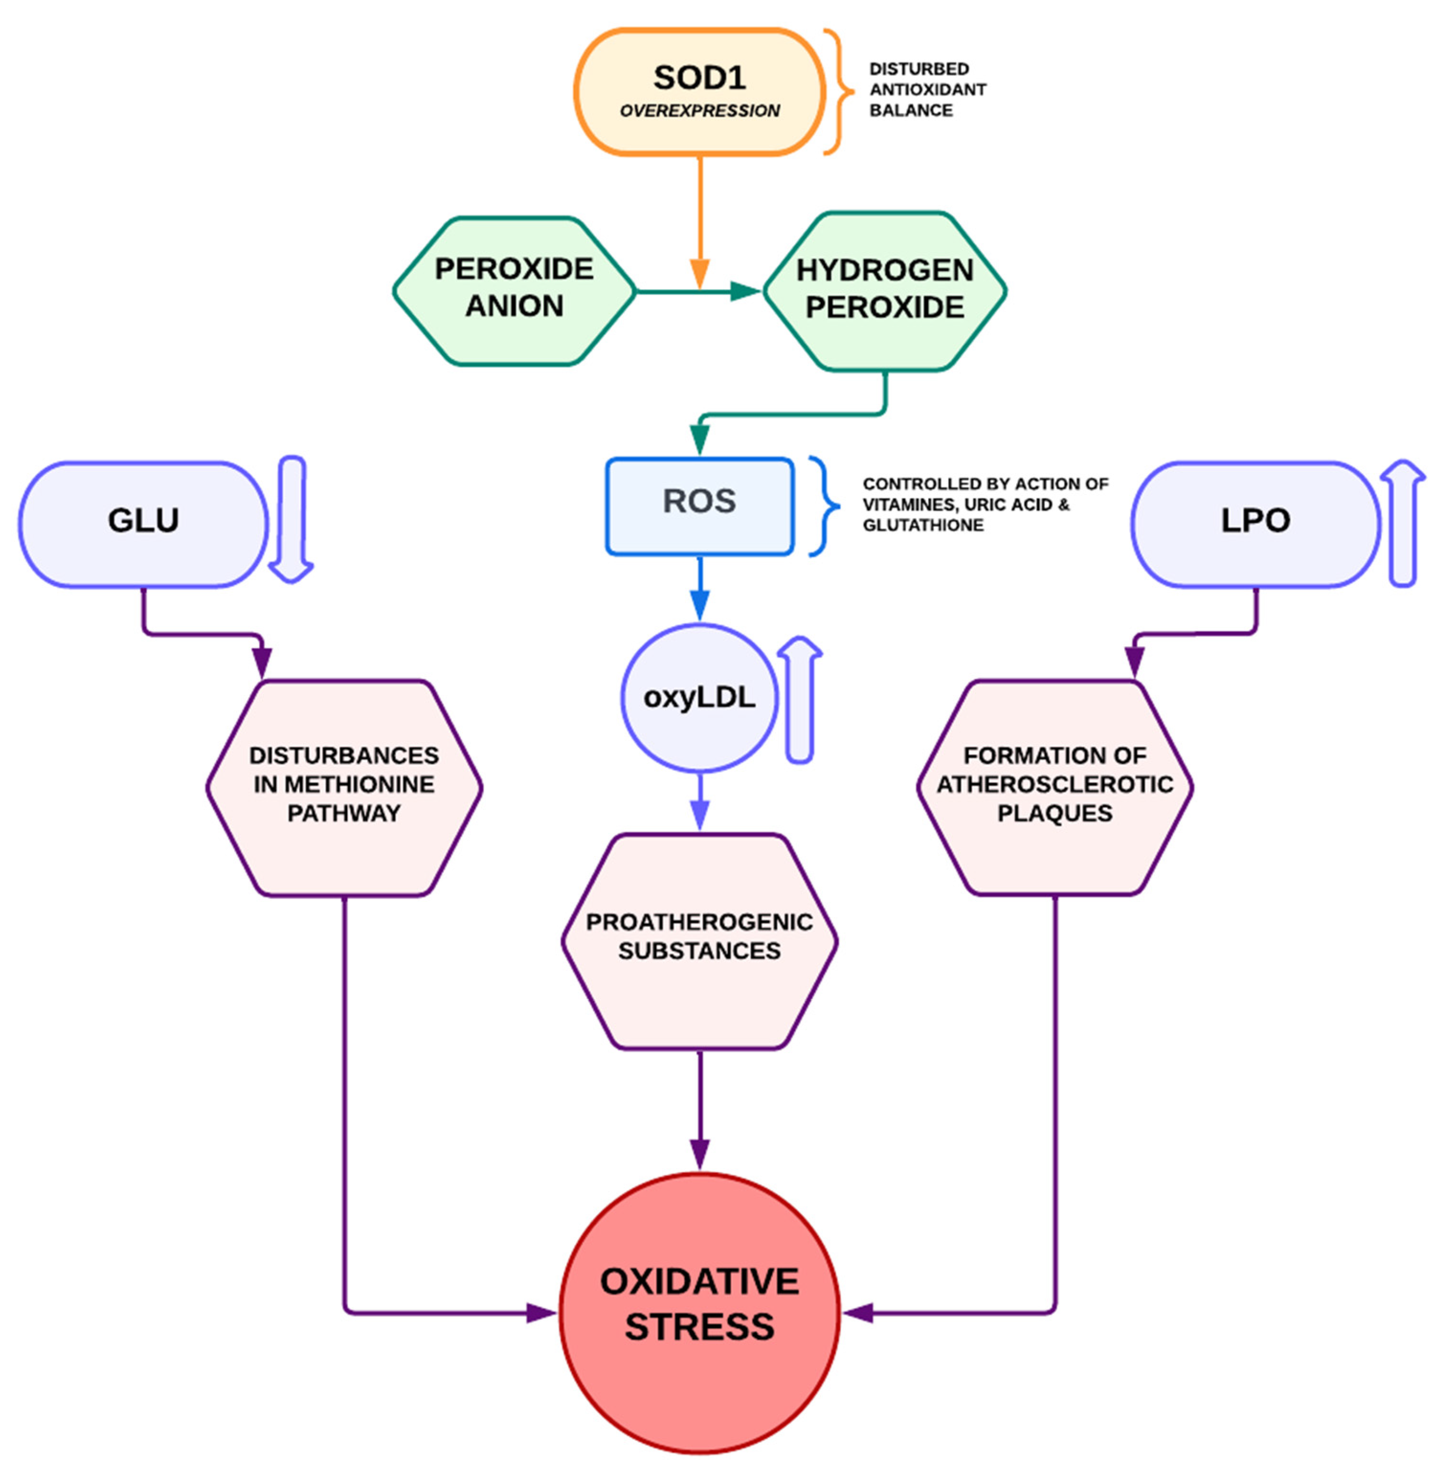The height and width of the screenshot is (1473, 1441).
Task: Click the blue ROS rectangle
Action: (699, 506)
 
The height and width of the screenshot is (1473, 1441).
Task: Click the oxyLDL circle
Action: (699, 697)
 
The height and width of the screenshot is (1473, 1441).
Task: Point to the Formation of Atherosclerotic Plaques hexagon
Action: (1054, 787)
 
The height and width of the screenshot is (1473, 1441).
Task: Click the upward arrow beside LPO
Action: (1402, 522)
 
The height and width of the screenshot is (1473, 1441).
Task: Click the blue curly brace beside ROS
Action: (824, 506)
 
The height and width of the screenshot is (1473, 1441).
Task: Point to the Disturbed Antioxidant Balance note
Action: (927, 90)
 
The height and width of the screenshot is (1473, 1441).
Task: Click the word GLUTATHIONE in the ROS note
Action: (923, 525)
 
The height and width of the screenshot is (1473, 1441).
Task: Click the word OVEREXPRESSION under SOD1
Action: (699, 111)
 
